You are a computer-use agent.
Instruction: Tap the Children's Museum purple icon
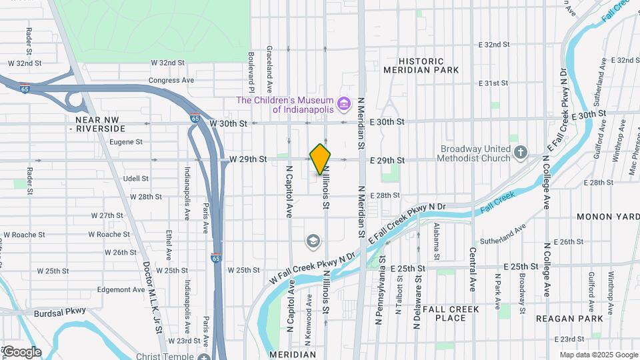click(344, 103)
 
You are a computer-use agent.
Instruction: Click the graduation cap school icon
click(313, 240)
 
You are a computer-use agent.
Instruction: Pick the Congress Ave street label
click(171, 80)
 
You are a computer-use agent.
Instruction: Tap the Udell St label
click(135, 179)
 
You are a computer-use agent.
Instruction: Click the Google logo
click(21, 351)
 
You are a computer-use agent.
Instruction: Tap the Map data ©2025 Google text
click(598, 355)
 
